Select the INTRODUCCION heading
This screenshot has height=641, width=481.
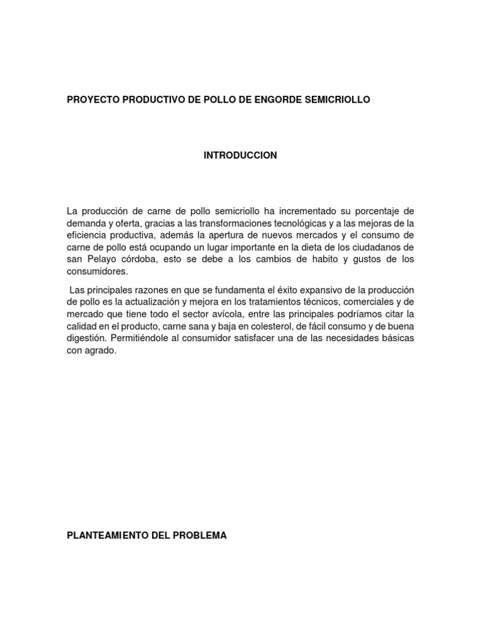(x=240, y=155)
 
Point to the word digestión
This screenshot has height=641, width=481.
(x=86, y=338)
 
